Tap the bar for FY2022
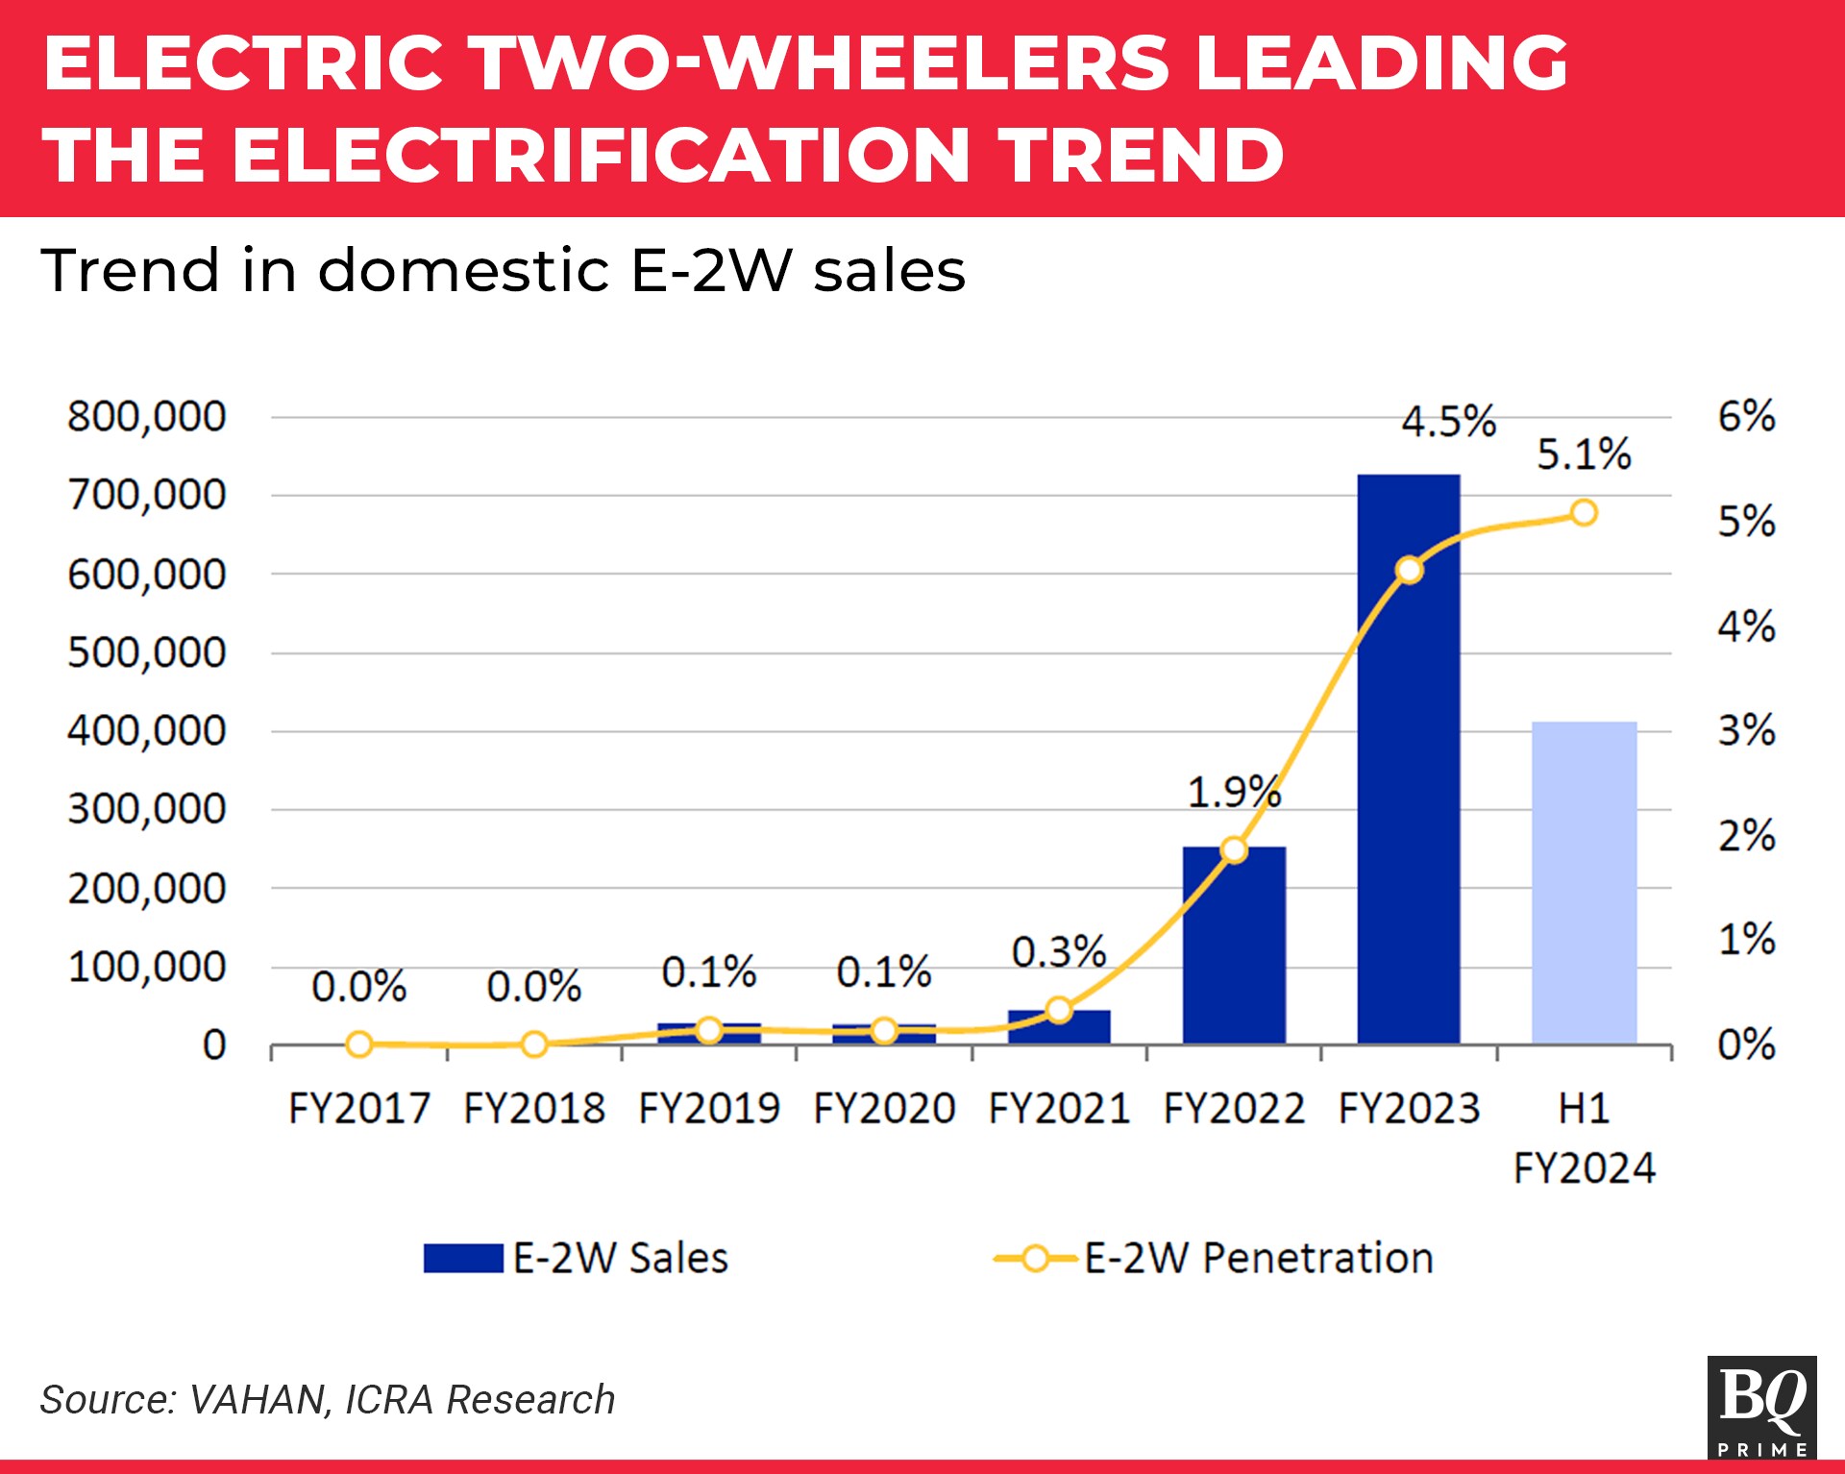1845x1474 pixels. (x=1234, y=951)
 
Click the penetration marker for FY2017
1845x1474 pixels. (x=359, y=1044)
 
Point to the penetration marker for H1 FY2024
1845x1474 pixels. (x=1584, y=513)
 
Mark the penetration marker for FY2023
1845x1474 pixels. (x=1409, y=571)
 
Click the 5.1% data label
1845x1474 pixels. (x=1584, y=454)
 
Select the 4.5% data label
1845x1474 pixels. (x=1448, y=421)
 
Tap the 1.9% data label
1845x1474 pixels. (x=1234, y=793)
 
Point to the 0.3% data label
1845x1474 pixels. (x=1058, y=952)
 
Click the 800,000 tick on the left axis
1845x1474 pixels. (x=146, y=417)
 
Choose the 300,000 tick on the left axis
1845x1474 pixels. (x=146, y=809)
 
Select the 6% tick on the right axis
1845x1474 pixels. (x=1746, y=417)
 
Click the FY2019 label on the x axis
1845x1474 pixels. (x=709, y=1109)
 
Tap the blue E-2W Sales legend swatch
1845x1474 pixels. (x=463, y=1258)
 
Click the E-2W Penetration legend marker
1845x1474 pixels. (x=1035, y=1258)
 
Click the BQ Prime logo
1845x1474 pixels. (x=1761, y=1406)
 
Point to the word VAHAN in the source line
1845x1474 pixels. (x=258, y=1400)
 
